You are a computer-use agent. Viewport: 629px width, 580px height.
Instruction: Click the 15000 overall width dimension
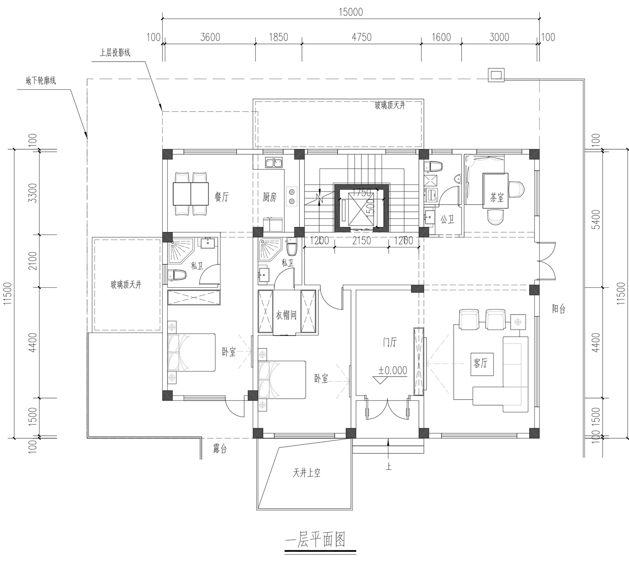pyautogui.click(x=351, y=12)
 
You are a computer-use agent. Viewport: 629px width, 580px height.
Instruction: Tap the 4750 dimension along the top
pyautogui.click(x=361, y=37)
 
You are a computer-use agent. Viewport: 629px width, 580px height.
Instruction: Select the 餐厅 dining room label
pyautogui.click(x=221, y=197)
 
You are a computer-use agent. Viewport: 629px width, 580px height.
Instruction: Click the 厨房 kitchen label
pyautogui.click(x=270, y=197)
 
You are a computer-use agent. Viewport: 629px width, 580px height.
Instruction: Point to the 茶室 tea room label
pyautogui.click(x=496, y=198)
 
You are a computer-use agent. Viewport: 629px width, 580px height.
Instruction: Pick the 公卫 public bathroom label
pyautogui.click(x=447, y=219)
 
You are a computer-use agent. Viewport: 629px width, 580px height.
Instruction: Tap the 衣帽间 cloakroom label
pyautogui.click(x=286, y=315)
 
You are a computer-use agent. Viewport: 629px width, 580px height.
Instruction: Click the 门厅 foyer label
pyautogui.click(x=390, y=342)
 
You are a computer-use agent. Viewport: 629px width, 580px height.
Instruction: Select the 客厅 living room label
pyautogui.click(x=481, y=363)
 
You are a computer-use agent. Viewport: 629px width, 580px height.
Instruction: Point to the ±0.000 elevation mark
pyautogui.click(x=392, y=370)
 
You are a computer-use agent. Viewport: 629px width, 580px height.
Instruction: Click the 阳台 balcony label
pyautogui.click(x=559, y=309)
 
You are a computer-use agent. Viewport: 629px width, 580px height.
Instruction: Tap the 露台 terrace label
pyautogui.click(x=220, y=449)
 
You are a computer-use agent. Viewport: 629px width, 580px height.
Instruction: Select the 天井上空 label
pyautogui.click(x=306, y=473)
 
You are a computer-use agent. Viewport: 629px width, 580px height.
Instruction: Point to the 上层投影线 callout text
pyautogui.click(x=115, y=52)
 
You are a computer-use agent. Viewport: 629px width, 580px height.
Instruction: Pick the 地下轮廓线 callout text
pyautogui.click(x=41, y=81)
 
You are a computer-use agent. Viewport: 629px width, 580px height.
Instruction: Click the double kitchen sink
pyautogui.click(x=274, y=163)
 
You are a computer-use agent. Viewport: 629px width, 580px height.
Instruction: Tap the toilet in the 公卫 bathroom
pyautogui.click(x=433, y=166)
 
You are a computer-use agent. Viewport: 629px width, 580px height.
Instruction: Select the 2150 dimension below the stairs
pyautogui.click(x=361, y=241)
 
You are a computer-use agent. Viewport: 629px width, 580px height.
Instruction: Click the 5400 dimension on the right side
pyautogui.click(x=595, y=219)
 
